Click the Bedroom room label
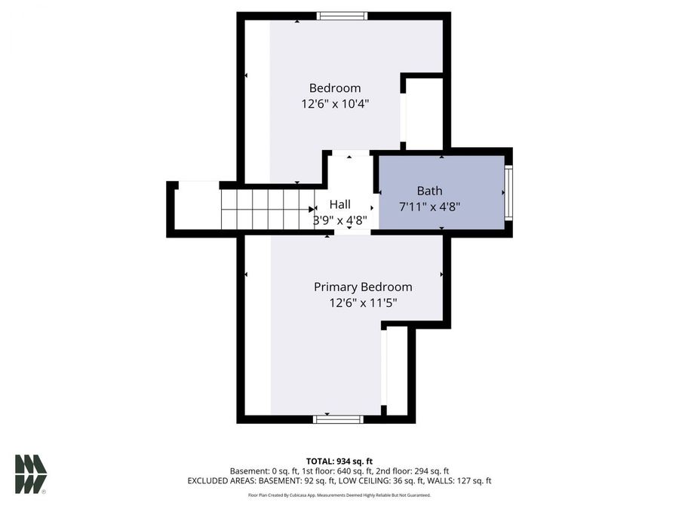[x=335, y=88]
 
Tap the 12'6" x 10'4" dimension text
[x=335, y=104]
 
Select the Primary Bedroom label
[x=363, y=287]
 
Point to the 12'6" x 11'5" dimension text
[x=363, y=303]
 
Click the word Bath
[x=429, y=191]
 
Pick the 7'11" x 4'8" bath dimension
[x=429, y=206]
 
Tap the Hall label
[x=340, y=204]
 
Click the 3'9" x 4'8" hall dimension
[x=340, y=220]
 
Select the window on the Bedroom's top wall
[x=342, y=16]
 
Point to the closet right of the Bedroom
[x=424, y=113]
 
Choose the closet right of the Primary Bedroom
[x=397, y=369]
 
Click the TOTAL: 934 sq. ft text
[x=339, y=461]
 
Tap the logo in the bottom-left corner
[x=31, y=474]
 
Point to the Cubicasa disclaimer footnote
[x=339, y=495]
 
